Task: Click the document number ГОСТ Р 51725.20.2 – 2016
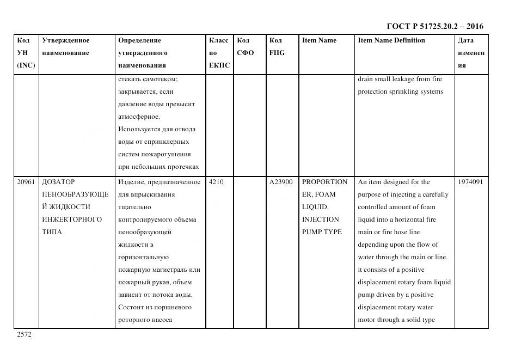[x=434, y=26]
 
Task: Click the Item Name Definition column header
[x=391, y=40]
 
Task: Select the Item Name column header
[x=319, y=40]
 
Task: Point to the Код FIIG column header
[x=277, y=47]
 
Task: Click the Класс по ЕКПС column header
[x=219, y=53]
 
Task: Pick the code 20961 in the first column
[x=26, y=182]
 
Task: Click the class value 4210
[x=216, y=182]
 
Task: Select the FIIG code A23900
[x=281, y=182]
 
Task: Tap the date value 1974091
[x=471, y=182]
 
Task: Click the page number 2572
[x=24, y=334]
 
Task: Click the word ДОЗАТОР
[x=58, y=182]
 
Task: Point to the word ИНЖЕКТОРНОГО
[x=72, y=219]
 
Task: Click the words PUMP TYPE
[x=322, y=232]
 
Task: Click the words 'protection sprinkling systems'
[x=400, y=91]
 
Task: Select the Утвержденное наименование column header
[x=66, y=47]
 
